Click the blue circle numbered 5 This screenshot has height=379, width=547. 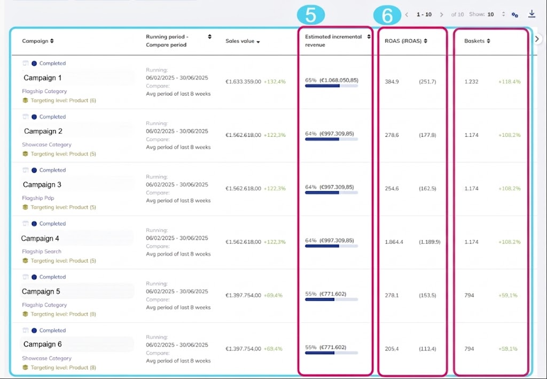pos(310,16)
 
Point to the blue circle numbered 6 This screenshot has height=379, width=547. pos(387,16)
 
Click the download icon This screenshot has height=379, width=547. pos(532,14)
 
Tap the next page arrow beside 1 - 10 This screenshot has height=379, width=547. pos(441,14)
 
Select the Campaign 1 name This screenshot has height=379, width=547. pos(43,78)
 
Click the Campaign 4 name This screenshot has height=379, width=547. pos(40,238)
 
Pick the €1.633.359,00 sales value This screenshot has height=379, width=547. pos(243,82)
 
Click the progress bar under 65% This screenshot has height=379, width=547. pos(331,86)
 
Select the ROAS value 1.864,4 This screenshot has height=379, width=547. pos(394,242)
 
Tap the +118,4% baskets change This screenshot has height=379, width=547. pos(509,82)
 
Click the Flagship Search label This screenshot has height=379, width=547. pos(42,251)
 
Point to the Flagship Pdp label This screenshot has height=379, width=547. pos(38,198)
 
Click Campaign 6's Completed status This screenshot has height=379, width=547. pos(52,330)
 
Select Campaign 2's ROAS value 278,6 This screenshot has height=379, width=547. pos(392,135)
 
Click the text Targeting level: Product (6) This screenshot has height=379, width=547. pos(63,100)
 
